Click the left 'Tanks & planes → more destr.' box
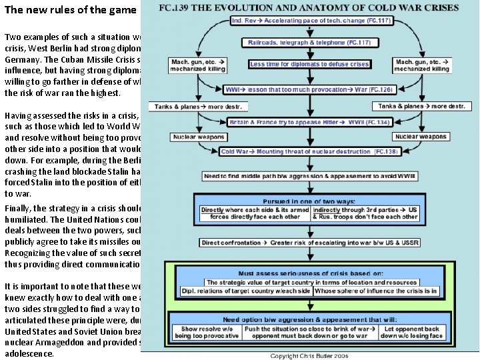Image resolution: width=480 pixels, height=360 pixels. pos(201,107)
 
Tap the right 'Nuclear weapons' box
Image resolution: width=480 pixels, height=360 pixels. pos(421,137)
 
